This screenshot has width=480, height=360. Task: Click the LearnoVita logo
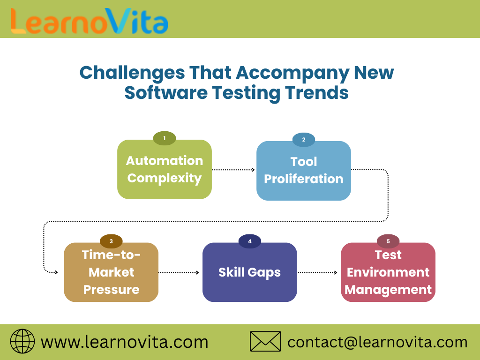[89, 20]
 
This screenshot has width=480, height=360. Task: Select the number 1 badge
[165, 138]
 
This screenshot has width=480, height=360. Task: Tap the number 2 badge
[304, 140]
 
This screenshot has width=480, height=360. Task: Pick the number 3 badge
[111, 241]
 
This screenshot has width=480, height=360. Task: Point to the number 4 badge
[250, 241]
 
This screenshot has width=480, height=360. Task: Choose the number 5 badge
[388, 241]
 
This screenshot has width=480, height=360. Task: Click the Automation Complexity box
[165, 170]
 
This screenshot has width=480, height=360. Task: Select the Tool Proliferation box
[304, 171]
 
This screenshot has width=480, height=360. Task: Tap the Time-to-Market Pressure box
[111, 272]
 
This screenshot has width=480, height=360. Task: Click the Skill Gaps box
[250, 272]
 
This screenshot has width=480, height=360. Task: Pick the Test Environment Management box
[388, 272]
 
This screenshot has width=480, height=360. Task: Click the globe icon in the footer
[22, 341]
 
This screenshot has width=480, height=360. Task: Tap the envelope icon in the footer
[265, 341]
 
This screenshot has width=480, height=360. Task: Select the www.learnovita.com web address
[125, 342]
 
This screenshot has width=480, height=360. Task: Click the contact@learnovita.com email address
[377, 342]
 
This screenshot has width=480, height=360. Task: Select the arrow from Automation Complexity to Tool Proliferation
[233, 170]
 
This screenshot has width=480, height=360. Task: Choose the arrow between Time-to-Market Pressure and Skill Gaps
[180, 272]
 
